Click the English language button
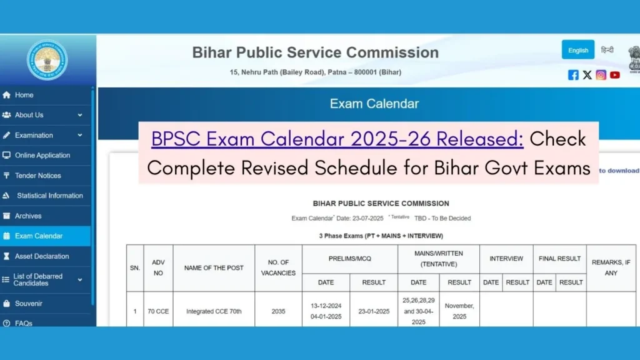(578, 50)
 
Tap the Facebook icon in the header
(573, 75)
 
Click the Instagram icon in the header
(601, 75)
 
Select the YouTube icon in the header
(615, 75)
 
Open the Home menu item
(24, 95)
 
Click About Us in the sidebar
(29, 115)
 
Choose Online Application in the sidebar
(42, 155)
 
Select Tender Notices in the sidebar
(37, 176)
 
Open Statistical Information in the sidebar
(50, 196)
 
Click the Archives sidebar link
(28, 216)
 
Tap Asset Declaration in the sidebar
(42, 256)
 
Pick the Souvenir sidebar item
(29, 304)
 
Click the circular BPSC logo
(47, 60)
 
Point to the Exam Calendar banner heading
(374, 104)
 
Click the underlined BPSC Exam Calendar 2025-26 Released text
(337, 139)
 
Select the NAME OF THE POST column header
(214, 267)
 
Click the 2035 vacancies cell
(278, 311)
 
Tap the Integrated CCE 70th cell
(214, 311)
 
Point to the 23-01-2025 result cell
(374, 311)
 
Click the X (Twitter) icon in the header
(587, 75)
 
